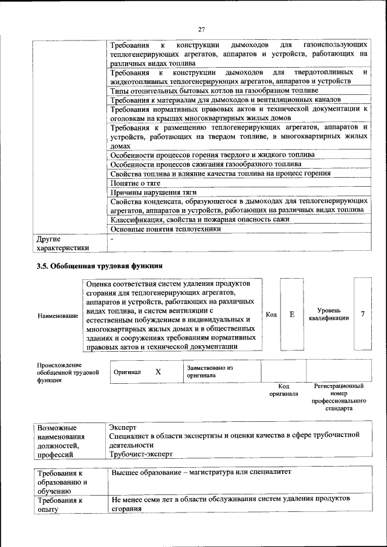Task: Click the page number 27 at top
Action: pyautogui.click(x=202, y=28)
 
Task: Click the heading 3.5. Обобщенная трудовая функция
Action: pyautogui.click(x=100, y=265)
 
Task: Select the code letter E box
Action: pyautogui.click(x=291, y=314)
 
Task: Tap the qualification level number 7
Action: pyautogui.click(x=362, y=314)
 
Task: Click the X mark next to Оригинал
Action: pyautogui.click(x=158, y=372)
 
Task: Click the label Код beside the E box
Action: pyautogui.click(x=271, y=314)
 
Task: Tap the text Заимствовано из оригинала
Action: pyautogui.click(x=210, y=371)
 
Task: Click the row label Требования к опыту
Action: pyautogui.click(x=60, y=505)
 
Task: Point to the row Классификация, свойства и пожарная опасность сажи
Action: pyautogui.click(x=205, y=219)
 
